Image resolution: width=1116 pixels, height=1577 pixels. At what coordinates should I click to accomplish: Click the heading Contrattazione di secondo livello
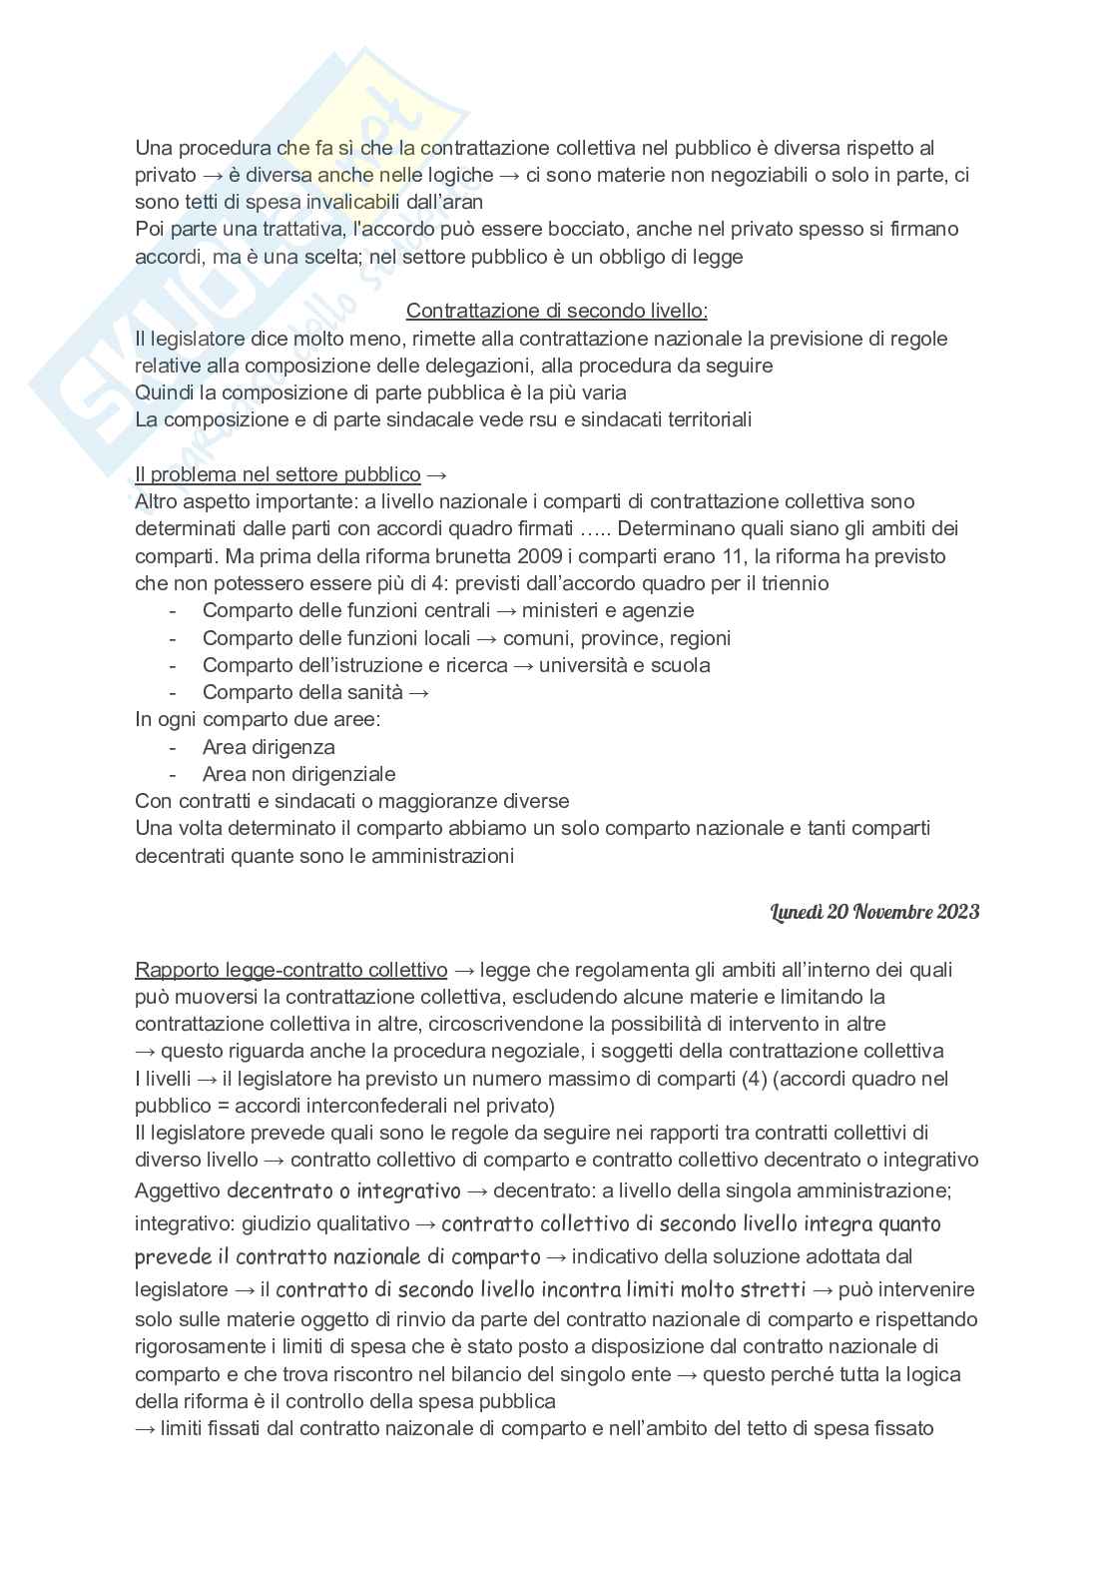(557, 311)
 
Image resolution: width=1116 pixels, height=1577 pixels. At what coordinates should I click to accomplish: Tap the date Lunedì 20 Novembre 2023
(874, 911)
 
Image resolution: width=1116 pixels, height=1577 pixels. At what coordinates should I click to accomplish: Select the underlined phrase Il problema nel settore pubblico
(278, 474)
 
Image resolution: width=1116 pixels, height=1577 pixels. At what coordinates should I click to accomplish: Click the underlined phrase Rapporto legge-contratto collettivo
(290, 970)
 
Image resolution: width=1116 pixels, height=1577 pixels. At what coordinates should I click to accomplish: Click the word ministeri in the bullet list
(561, 610)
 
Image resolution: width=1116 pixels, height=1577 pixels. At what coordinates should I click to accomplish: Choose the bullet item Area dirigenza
(269, 747)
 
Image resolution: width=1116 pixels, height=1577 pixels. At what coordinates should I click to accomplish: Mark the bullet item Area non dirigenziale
(298, 774)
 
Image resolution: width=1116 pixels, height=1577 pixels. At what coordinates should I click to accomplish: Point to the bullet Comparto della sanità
(302, 692)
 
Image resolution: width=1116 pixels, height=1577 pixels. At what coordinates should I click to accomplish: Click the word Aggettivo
(178, 1191)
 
